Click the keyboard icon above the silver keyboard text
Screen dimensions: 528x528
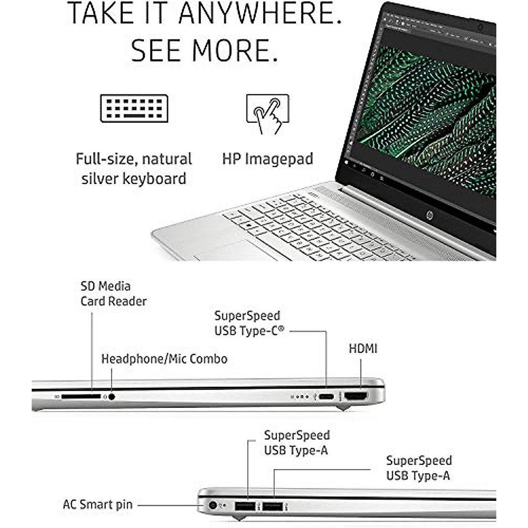(134, 108)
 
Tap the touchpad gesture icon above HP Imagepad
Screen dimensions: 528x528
(268, 114)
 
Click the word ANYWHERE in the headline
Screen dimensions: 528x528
(260, 14)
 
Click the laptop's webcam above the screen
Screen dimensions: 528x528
(480, 28)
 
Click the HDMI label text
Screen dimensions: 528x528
(363, 349)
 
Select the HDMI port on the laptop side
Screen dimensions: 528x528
(356, 396)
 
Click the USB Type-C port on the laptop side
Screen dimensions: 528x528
(326, 397)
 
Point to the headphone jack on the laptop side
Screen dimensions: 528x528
(112, 397)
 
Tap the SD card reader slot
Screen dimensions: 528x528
(81, 397)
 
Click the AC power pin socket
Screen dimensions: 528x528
(213, 506)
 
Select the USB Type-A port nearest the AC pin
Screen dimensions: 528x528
(245, 506)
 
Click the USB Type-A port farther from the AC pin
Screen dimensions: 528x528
(272, 506)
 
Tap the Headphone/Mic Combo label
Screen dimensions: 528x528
(164, 359)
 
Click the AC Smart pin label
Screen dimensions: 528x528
(98, 505)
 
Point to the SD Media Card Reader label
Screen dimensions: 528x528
(114, 293)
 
